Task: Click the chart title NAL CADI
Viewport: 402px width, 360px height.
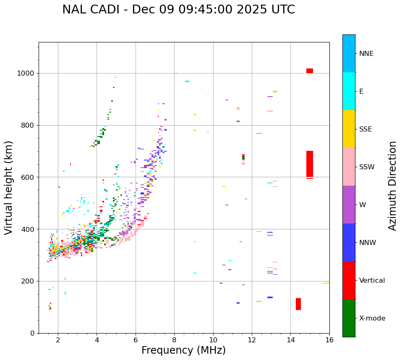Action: (178, 10)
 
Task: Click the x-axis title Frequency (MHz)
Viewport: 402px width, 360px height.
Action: (183, 350)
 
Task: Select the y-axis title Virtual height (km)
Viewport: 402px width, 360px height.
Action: (9, 188)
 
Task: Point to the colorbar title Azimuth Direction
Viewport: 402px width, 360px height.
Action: (392, 186)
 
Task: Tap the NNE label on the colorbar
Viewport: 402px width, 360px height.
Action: (366, 54)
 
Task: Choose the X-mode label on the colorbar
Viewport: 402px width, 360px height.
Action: (372, 318)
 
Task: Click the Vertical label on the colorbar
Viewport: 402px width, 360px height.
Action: (372, 281)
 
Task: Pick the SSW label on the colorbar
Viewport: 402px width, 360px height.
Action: (366, 167)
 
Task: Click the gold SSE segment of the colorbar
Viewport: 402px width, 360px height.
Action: (349, 129)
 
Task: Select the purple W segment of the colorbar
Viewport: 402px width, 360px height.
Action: (349, 205)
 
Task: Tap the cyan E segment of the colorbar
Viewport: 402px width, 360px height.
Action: (349, 91)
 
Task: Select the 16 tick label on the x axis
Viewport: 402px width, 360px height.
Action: (329, 340)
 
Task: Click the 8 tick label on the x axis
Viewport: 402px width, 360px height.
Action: (174, 340)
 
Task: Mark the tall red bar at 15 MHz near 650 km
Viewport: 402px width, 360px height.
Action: (310, 164)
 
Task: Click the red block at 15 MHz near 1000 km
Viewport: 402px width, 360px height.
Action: (310, 71)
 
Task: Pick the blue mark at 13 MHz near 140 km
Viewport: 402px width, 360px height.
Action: (270, 297)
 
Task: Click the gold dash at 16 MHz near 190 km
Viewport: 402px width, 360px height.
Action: (326, 283)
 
